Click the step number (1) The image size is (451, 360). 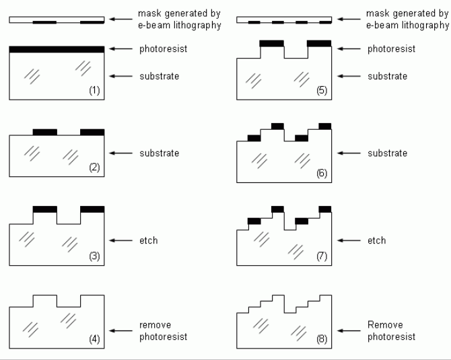[94, 89]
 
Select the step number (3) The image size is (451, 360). [94, 256]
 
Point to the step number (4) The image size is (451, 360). [94, 339]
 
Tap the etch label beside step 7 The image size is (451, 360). [377, 240]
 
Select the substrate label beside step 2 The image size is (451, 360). [159, 153]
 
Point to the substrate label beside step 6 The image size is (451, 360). [387, 153]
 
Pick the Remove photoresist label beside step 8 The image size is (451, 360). [391, 330]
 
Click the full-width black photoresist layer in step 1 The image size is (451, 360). [57, 49]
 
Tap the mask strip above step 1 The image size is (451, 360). [57, 20]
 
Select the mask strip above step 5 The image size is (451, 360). [284, 20]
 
